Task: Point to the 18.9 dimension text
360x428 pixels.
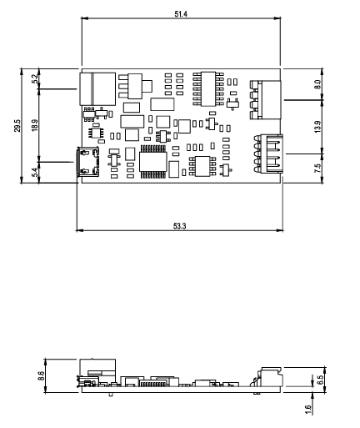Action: (33, 126)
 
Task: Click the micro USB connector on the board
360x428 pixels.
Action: (87, 160)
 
